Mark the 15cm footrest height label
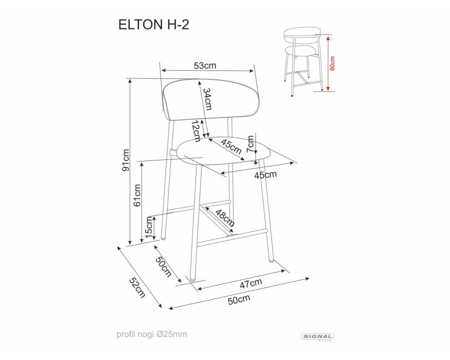coord(149,227)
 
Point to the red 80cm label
coord(333,63)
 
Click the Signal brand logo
coord(318,337)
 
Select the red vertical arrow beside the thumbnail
coord(328,63)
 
